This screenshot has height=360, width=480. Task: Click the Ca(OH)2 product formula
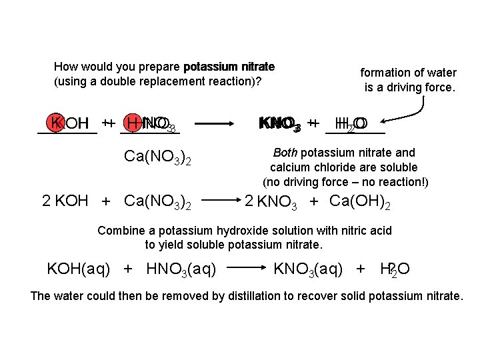pyautogui.click(x=360, y=201)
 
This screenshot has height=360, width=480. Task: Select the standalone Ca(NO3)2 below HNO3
pyautogui.click(x=158, y=158)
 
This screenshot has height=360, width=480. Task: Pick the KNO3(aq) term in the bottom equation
pyautogui.click(x=309, y=269)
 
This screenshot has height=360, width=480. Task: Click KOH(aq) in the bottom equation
pyautogui.click(x=79, y=269)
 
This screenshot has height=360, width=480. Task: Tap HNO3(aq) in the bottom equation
pyautogui.click(x=181, y=269)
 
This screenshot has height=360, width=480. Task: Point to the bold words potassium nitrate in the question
pyautogui.click(x=229, y=67)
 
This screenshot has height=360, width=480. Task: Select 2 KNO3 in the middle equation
pyautogui.click(x=271, y=201)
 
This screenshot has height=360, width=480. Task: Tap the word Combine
pyautogui.click(x=121, y=231)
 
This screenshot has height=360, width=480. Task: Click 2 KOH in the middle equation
pyautogui.click(x=65, y=201)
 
